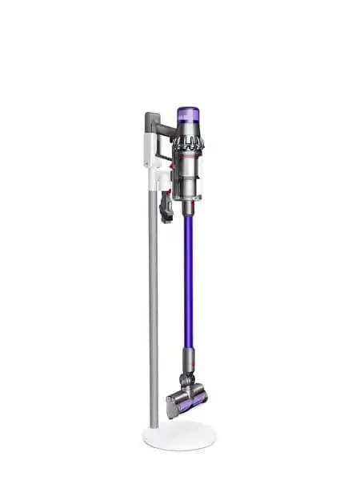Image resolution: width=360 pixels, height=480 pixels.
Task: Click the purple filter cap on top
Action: [x=187, y=113]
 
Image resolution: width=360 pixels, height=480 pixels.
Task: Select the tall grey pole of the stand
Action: [x=153, y=320]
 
